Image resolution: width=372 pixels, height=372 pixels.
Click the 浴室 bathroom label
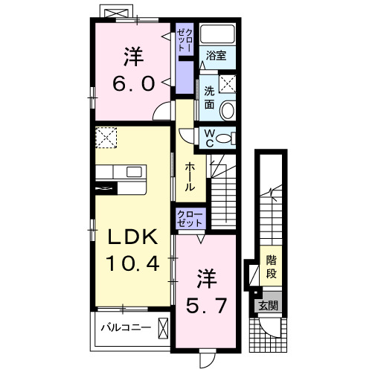[217, 55]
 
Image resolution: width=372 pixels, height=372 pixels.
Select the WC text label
[211, 137]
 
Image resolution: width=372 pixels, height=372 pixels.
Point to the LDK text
[135, 238]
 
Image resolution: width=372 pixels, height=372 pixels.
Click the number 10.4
[135, 263]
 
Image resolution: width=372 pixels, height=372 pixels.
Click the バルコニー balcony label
[126, 327]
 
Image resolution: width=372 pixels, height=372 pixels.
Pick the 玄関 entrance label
[268, 305]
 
